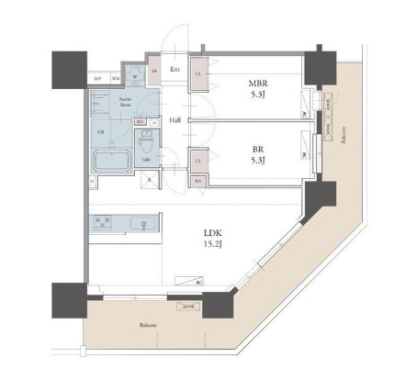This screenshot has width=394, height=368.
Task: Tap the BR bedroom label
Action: coord(258,146)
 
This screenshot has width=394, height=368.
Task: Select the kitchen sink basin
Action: coord(142,224)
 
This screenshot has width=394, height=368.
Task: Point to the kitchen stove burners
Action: coord(103,223)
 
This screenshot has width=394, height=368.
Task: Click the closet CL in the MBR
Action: coord(198,78)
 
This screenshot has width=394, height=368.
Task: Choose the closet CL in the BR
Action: coord(198,159)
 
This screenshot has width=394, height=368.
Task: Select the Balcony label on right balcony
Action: coord(343,138)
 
